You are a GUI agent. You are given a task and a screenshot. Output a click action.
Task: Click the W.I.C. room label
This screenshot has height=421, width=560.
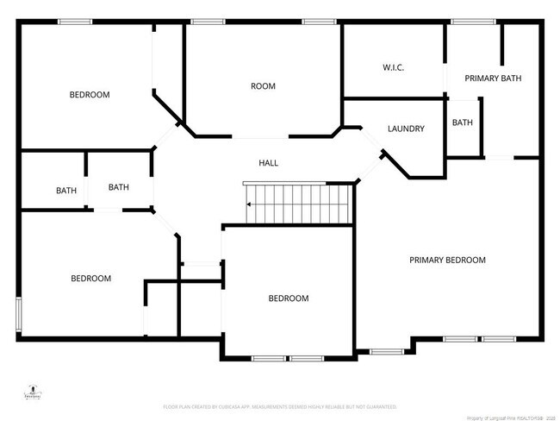coord(394,67)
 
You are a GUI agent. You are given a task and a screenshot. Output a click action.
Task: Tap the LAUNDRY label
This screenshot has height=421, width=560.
coord(406,129)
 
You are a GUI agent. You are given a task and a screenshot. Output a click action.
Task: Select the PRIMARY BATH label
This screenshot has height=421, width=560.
coord(493,79)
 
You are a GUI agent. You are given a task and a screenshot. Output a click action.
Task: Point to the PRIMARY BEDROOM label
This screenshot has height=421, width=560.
coord(447,260)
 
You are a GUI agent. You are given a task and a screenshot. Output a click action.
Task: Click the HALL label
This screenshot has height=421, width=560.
coord(269,163)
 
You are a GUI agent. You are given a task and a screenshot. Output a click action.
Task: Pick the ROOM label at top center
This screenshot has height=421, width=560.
coord(263,86)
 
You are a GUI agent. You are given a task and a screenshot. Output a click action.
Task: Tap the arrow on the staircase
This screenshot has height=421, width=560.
coord(249,204)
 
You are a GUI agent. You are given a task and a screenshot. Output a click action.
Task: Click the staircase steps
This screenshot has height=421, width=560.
coord(297,204)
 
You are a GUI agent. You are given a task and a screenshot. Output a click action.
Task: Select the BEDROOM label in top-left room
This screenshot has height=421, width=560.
coord(90,95)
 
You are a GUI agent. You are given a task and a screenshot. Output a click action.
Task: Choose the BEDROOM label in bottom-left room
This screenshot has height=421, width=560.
coord(90,278)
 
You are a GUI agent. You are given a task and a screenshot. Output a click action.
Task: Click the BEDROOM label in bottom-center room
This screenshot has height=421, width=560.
coord(288,298)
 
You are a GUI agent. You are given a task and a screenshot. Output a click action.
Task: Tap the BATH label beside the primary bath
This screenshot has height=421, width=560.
coord(463,123)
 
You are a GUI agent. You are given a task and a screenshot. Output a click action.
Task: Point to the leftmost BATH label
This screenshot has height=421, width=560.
coord(66,191)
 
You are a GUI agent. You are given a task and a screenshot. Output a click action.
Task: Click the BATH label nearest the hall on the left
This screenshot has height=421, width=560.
coord(118,186)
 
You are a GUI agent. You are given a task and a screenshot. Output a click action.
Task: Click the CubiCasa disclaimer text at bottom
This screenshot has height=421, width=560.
coord(285,405)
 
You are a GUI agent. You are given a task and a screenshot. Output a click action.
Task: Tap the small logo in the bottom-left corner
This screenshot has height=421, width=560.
coord(32,393)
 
